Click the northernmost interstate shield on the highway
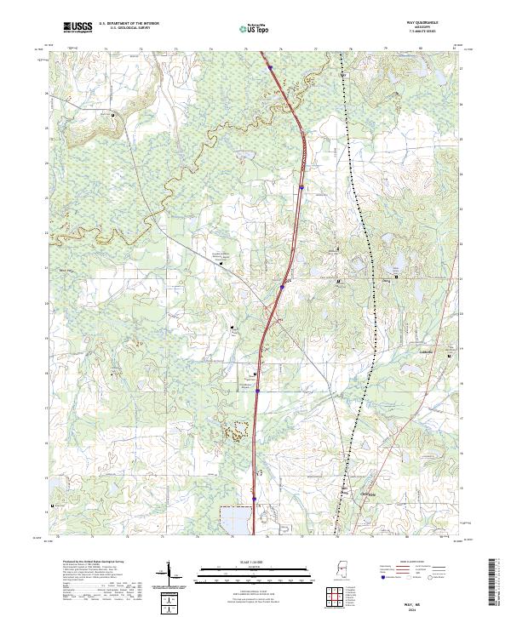pos(269,67)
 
